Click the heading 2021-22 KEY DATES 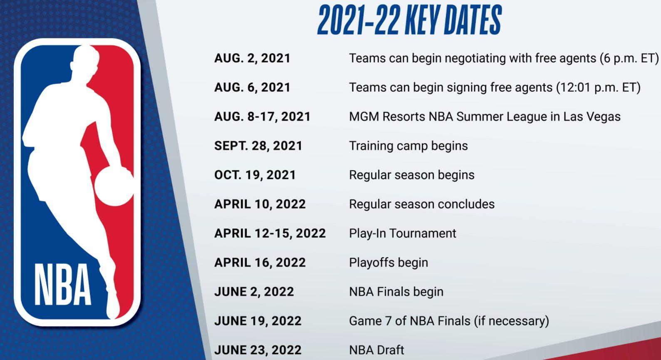[409, 20]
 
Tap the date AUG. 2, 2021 [252, 58]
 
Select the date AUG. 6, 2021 [252, 87]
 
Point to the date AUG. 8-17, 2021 [262, 117]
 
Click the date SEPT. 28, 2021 [258, 146]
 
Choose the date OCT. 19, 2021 [255, 175]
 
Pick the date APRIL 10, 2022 [260, 204]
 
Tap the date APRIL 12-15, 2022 [270, 233]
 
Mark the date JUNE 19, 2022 [257, 321]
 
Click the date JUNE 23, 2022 [257, 350]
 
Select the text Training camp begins [408, 146]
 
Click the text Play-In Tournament [402, 233]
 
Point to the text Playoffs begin [388, 263]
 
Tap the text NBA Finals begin [396, 292]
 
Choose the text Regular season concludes [421, 204]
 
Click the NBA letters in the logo [62, 286]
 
